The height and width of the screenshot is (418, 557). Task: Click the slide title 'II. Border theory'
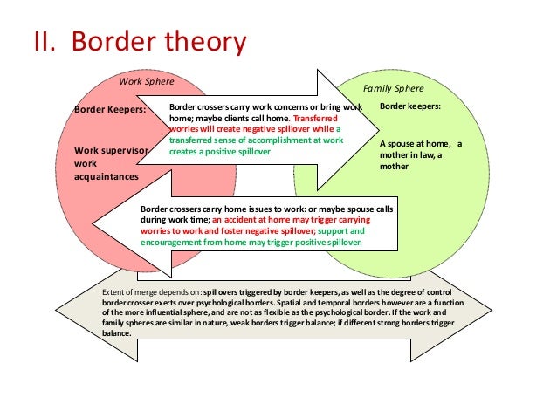[x=137, y=42]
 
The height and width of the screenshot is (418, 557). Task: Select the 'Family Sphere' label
[x=393, y=88]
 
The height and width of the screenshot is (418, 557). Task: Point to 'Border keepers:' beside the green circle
[x=410, y=106]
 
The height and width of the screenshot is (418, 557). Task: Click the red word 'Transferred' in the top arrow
[x=319, y=117]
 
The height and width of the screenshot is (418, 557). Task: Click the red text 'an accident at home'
[x=250, y=221]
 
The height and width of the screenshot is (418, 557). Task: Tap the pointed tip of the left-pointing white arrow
[x=91, y=228]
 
